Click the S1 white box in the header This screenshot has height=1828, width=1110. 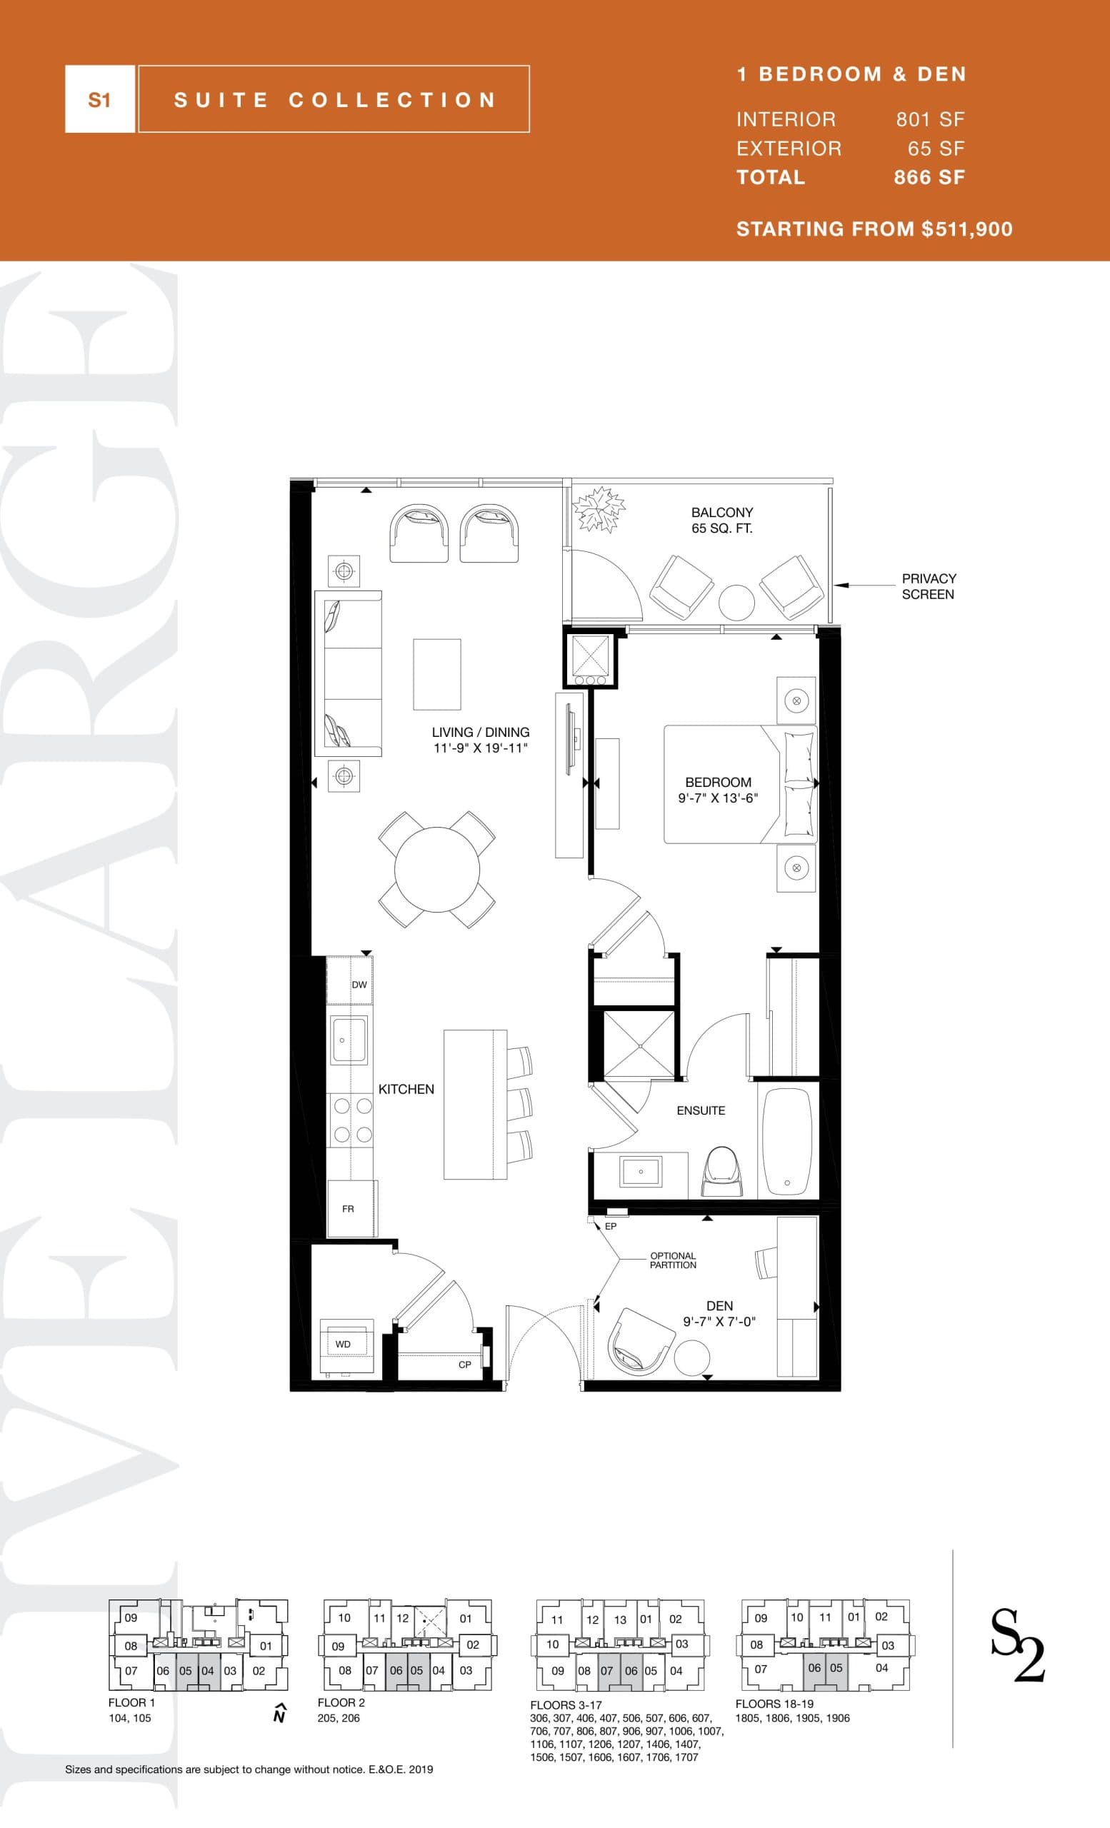click(x=99, y=99)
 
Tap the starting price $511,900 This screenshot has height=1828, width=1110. click(x=874, y=228)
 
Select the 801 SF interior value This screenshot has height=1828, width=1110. click(x=930, y=119)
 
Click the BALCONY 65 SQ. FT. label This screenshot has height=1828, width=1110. click(x=722, y=520)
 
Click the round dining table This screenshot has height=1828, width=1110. click(x=437, y=870)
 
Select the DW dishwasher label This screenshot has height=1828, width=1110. click(x=359, y=985)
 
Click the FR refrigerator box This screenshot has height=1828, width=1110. click(x=349, y=1208)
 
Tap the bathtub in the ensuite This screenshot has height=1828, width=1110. click(x=787, y=1140)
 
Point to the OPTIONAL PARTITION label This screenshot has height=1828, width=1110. click(x=673, y=1260)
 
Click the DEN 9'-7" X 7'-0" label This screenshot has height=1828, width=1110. click(x=719, y=1313)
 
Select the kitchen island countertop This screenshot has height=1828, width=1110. click(x=474, y=1103)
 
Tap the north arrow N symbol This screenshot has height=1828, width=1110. click(x=280, y=1714)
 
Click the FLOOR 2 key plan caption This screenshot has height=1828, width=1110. click(x=341, y=1702)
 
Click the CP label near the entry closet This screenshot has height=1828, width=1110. click(x=464, y=1365)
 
